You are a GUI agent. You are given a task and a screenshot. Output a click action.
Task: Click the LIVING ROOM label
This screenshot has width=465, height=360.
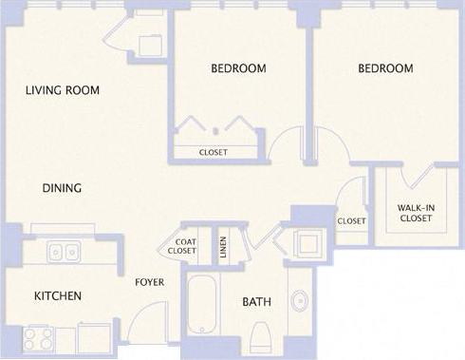62,90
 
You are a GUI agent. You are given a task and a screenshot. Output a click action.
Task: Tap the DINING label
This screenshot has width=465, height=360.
62,188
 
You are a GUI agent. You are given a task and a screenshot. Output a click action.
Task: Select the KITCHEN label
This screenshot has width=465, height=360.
58,296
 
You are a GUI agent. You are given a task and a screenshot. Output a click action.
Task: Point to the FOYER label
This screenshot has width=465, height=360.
150,281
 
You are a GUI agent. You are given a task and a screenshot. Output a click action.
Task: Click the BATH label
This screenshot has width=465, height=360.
256,302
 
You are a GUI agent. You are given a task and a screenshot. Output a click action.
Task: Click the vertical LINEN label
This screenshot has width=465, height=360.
223,246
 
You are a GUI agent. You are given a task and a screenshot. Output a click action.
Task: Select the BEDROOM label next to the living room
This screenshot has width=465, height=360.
237,68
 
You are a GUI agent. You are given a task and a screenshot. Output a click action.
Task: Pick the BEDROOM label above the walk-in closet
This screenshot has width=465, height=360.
385,68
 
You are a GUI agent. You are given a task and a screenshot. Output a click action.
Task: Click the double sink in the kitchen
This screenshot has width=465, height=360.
63,253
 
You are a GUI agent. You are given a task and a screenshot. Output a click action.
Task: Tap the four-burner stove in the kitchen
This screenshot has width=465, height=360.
36,338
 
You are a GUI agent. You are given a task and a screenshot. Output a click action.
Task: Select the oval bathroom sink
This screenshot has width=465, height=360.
300,302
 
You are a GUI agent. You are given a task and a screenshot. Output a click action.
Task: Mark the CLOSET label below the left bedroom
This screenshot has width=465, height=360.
214,152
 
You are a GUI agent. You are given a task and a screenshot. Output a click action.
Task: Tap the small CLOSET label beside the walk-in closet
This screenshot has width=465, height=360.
351,221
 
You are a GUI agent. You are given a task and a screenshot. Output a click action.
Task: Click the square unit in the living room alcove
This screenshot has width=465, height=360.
148,46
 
